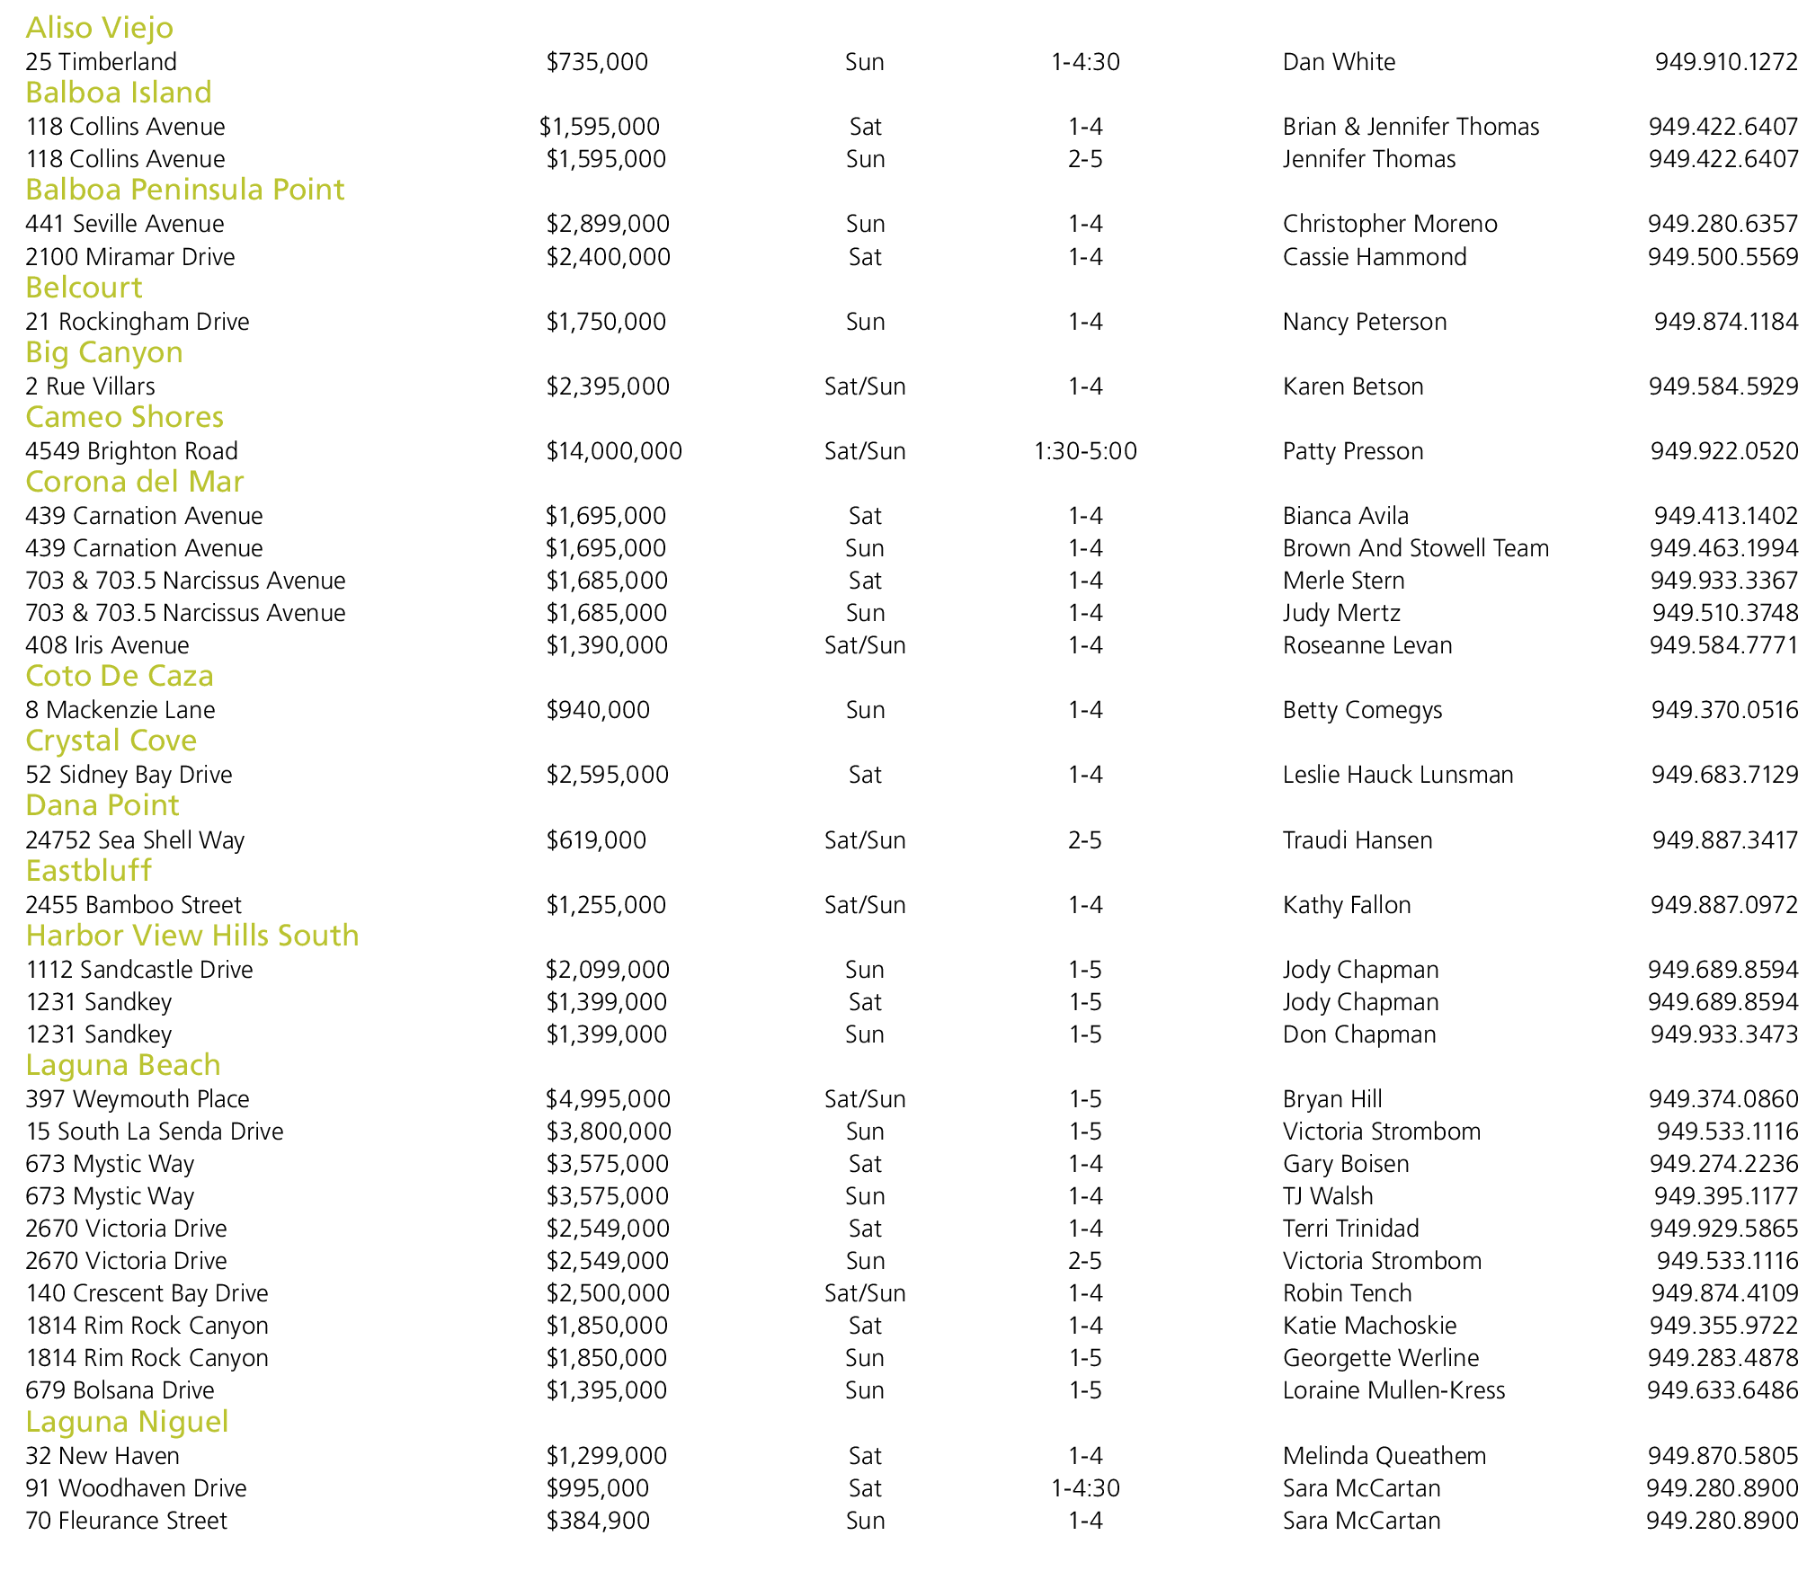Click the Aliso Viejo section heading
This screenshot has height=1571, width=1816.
coord(99,28)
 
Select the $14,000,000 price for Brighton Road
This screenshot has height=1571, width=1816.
coord(614,451)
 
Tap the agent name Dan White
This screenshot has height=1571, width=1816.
coord(1339,62)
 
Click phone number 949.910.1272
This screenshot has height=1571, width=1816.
coord(1726,62)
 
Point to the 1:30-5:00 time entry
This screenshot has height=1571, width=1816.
coord(1085,451)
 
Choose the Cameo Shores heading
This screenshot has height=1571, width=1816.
coord(124,417)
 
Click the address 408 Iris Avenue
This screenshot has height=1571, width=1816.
coord(107,645)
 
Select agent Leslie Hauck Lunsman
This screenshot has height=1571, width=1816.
coord(1398,775)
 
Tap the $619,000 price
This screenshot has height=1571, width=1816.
coord(596,840)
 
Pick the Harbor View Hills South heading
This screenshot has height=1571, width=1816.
coord(191,936)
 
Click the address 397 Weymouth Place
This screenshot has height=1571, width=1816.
coord(137,1099)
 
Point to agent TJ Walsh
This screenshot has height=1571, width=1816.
coord(1328,1196)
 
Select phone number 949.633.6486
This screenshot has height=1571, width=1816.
coord(1723,1390)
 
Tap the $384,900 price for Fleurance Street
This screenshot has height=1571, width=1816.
coord(598,1521)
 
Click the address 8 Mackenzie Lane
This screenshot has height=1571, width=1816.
coord(120,710)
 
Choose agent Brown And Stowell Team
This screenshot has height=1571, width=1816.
coord(1416,548)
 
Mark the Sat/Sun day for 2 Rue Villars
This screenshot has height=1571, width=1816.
coord(865,386)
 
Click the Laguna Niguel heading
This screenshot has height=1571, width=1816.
coord(127,1422)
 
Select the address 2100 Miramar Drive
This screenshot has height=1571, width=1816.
coord(129,257)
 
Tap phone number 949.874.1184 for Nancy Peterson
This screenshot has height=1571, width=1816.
coord(1726,322)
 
